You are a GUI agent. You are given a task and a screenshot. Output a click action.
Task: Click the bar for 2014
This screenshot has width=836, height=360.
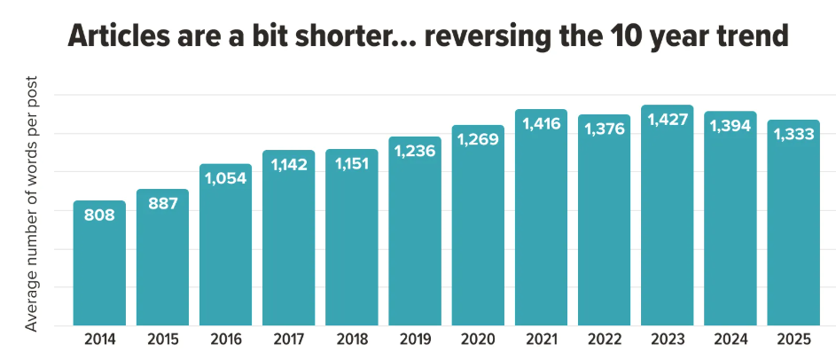click(x=99, y=263)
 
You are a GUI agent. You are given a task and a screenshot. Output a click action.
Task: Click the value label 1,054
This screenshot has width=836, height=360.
click(x=225, y=178)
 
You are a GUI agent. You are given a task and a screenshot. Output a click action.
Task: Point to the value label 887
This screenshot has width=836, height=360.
click(x=162, y=203)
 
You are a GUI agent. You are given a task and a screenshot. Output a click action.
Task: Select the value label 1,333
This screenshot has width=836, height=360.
click(x=793, y=134)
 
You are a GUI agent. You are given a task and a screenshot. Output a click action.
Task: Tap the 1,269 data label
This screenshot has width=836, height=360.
click(x=478, y=139)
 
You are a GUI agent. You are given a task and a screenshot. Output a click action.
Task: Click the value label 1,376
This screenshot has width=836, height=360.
click(x=604, y=129)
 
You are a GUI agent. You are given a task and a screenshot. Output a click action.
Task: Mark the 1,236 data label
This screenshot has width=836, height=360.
click(x=415, y=151)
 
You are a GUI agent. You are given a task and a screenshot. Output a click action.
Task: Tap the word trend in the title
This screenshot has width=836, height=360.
click(x=740, y=38)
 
